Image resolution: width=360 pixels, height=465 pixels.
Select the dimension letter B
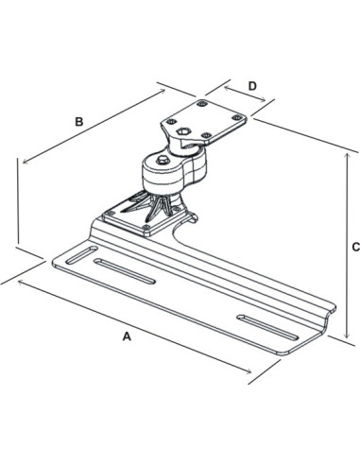[80, 121]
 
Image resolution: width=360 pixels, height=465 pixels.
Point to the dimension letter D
[252, 86]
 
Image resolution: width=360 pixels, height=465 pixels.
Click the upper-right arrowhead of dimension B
[163, 91]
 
